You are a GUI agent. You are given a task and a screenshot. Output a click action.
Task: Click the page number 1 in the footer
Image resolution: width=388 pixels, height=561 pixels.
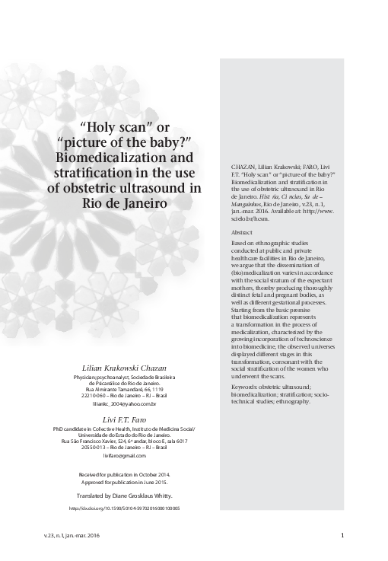(x=343, y=536)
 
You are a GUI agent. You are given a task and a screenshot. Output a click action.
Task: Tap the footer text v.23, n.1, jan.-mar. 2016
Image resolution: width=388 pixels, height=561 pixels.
(x=72, y=536)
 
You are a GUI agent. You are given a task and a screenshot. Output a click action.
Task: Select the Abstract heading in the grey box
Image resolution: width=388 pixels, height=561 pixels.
(x=242, y=231)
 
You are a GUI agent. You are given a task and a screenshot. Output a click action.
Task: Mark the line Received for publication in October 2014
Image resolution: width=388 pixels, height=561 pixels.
(x=124, y=474)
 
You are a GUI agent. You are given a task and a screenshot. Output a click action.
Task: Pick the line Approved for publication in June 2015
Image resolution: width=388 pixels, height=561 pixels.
(x=124, y=482)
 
